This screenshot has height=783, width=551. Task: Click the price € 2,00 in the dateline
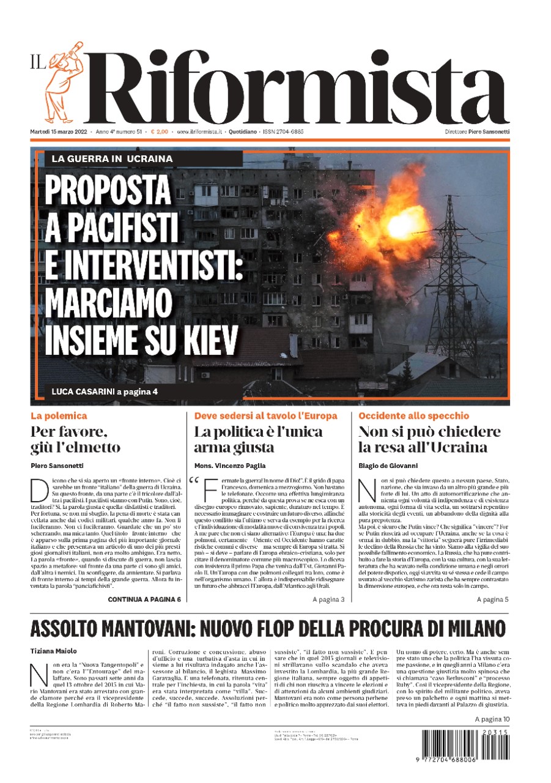pyautogui.click(x=160, y=132)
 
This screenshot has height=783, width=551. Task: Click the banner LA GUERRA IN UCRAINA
pyautogui.click(x=112, y=158)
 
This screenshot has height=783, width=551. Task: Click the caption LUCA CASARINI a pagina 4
pyautogui.click(x=105, y=391)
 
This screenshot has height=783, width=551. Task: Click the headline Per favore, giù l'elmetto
pyautogui.click(x=75, y=439)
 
